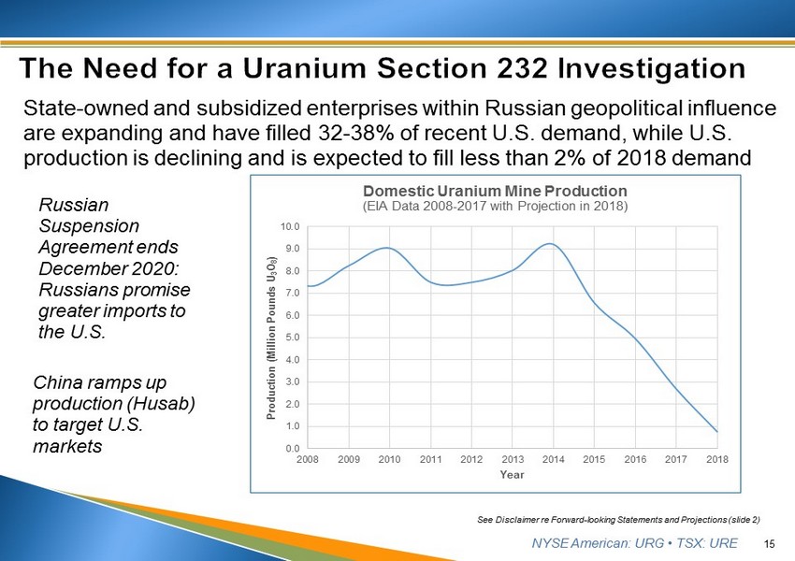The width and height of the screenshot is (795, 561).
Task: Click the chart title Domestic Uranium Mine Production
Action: tap(495, 191)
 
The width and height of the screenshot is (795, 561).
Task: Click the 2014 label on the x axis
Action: tap(554, 460)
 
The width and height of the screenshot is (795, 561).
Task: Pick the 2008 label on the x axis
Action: tap(308, 460)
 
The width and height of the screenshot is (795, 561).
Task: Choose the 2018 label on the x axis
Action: tap(717, 460)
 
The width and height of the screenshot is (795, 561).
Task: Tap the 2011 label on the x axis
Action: tap(430, 460)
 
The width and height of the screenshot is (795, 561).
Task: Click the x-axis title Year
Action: tap(512, 475)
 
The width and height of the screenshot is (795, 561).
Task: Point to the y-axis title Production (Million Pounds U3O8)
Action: tap(271, 337)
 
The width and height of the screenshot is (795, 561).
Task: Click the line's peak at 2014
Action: tap(552, 244)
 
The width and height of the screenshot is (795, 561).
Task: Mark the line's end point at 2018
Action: tap(717, 431)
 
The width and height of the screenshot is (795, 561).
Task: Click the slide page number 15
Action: tap(771, 543)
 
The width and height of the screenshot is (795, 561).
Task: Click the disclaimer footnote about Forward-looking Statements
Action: tap(617, 517)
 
